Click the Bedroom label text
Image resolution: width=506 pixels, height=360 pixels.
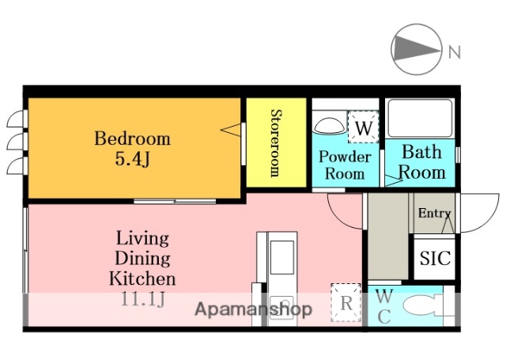point(132,138)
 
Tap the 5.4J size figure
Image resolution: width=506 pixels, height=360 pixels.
point(133,158)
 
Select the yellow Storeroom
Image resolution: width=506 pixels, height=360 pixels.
point(276,142)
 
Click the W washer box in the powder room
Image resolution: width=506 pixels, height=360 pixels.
point(364,127)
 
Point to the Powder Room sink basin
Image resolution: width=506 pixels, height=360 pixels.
point(329,125)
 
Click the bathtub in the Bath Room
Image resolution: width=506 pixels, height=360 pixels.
point(420,119)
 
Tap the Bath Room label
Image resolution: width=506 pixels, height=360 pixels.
point(421,162)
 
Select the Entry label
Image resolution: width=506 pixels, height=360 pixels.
point(434,213)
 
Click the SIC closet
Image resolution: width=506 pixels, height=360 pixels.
point(435,259)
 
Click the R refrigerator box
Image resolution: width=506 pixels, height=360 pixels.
point(346,302)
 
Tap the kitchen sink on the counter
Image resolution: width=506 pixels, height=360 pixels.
point(282,257)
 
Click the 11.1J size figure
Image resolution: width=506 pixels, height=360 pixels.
point(142,298)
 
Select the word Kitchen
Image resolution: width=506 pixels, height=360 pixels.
point(142,279)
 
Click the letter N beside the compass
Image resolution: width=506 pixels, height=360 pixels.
point(455,51)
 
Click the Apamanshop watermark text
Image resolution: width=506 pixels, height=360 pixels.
point(253,309)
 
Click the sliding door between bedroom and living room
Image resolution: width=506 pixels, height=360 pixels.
point(175,202)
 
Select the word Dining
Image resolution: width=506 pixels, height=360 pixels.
point(142,259)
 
